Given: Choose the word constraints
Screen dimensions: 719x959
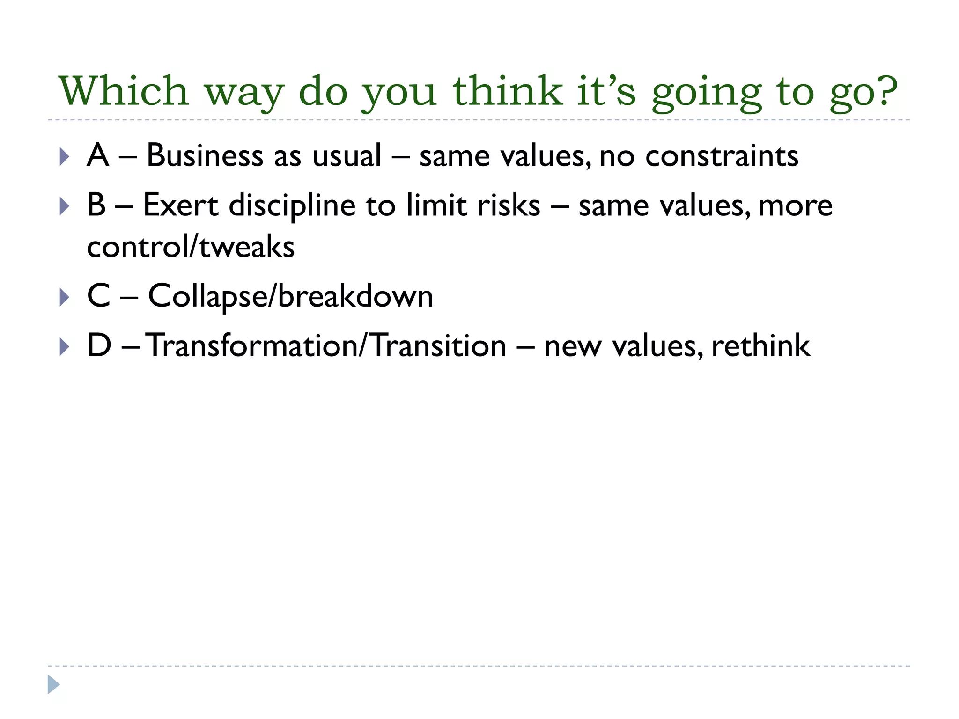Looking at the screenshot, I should click(x=722, y=156).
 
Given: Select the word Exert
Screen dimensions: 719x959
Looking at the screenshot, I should click(x=180, y=205).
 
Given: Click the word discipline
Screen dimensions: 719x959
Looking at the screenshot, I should click(x=292, y=206).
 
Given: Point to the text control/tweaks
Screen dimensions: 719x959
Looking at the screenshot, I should click(x=191, y=247).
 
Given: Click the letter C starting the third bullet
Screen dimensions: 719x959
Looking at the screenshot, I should click(x=99, y=296).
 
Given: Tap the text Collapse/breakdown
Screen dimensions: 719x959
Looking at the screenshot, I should click(x=290, y=297).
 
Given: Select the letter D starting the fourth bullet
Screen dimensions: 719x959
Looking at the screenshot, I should click(x=99, y=346).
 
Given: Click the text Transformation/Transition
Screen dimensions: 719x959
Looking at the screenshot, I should click(x=326, y=346).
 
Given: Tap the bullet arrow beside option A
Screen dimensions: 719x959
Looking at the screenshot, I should click(x=65, y=157).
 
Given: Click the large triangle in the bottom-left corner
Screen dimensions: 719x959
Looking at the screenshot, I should click(x=53, y=684).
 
